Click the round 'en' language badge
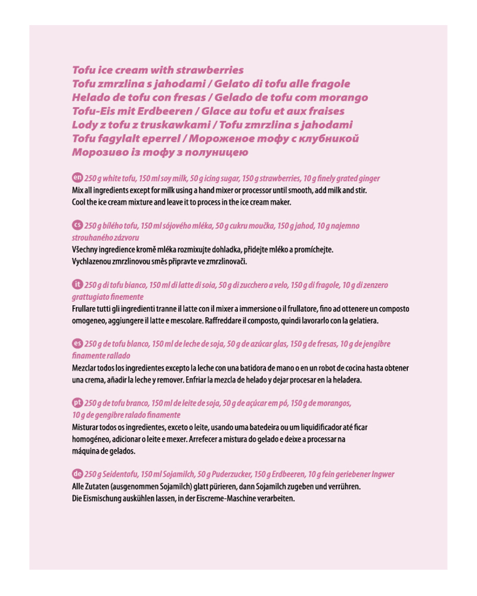click(77, 178)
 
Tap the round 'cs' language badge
click(77, 225)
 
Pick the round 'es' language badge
click(77, 343)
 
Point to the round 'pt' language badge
click(77, 402)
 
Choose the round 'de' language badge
click(77, 473)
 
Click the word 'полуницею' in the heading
click(206, 153)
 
